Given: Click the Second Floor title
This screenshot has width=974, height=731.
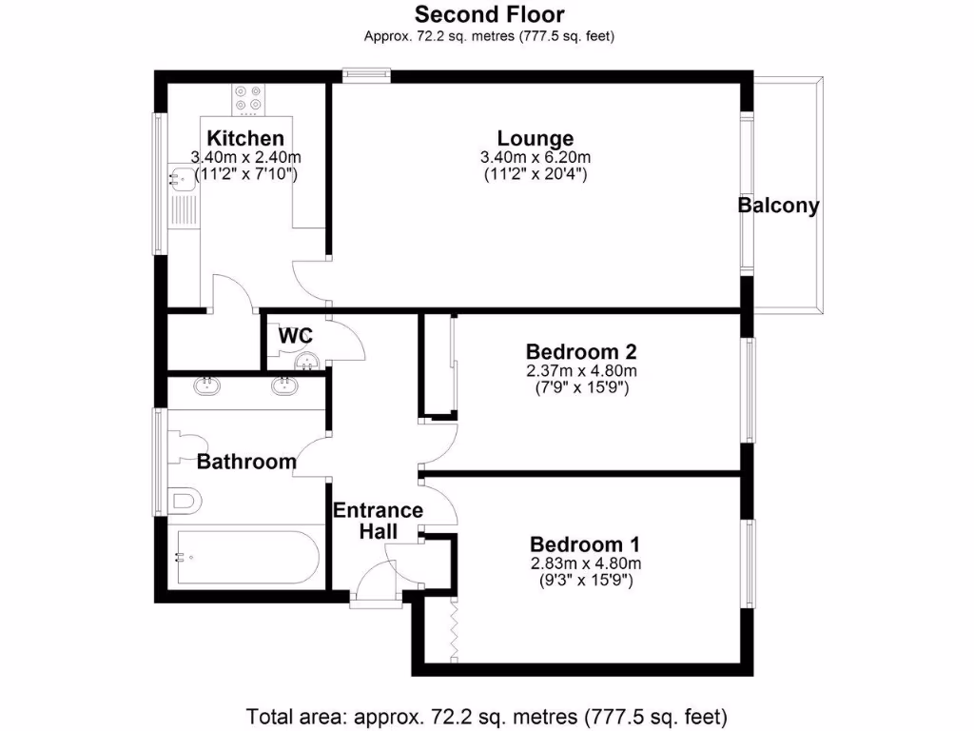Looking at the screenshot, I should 489,14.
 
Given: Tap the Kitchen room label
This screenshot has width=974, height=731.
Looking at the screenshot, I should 245,139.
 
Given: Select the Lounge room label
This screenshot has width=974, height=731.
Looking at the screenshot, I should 536,139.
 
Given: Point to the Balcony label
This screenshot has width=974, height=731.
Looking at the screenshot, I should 779,206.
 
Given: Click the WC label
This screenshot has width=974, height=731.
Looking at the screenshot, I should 295,336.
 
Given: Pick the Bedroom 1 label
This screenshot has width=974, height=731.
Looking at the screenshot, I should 584,544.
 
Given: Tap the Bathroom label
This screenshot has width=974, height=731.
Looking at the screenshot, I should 246,463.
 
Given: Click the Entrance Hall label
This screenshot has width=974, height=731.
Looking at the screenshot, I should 378,521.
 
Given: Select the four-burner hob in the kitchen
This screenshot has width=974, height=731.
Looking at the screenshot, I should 247,98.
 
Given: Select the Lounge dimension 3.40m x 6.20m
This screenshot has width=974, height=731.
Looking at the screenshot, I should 536,158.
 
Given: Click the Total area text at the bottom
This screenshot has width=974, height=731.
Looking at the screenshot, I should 486,715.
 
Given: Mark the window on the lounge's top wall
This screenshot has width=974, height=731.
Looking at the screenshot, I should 366,71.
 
